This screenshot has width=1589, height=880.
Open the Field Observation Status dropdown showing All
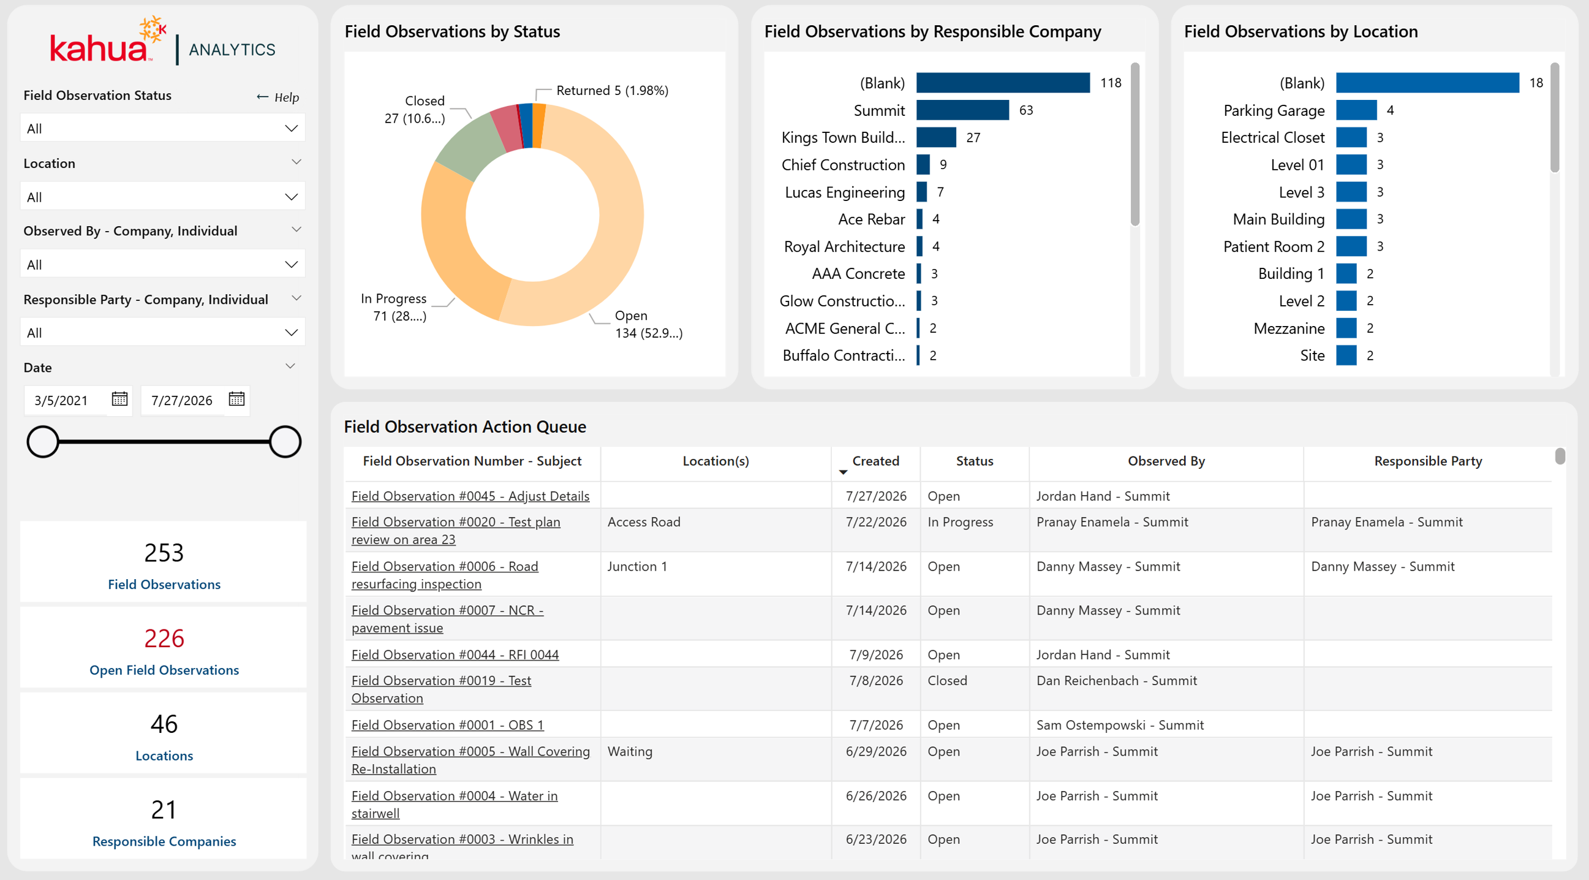pyautogui.click(x=163, y=128)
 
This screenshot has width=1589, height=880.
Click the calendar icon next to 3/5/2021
pyautogui.click(x=119, y=400)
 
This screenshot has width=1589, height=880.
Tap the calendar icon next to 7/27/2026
pyautogui.click(x=236, y=400)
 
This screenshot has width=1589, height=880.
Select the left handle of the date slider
pyautogui.click(x=42, y=442)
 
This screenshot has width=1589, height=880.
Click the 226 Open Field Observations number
pyautogui.click(x=164, y=638)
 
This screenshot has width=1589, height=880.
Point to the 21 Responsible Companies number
pyautogui.click(x=164, y=810)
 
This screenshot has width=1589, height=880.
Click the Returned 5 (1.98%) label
pyautogui.click(x=612, y=91)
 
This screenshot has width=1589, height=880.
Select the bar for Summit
pyautogui.click(x=962, y=110)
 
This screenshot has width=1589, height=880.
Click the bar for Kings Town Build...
pyautogui.click(x=936, y=138)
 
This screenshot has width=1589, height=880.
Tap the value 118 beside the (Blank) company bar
pyautogui.click(x=1111, y=83)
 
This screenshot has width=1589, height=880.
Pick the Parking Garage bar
pyautogui.click(x=1356, y=110)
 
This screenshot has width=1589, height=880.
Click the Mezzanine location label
pyautogui.click(x=1289, y=328)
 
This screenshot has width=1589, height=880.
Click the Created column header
pyautogui.click(x=875, y=461)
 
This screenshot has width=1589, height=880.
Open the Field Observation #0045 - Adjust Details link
pyautogui.click(x=470, y=496)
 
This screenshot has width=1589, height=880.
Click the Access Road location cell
pyautogui.click(x=643, y=522)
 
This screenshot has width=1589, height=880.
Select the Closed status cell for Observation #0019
pyautogui.click(x=947, y=681)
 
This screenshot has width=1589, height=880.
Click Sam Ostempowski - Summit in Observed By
pyautogui.click(x=1120, y=725)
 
